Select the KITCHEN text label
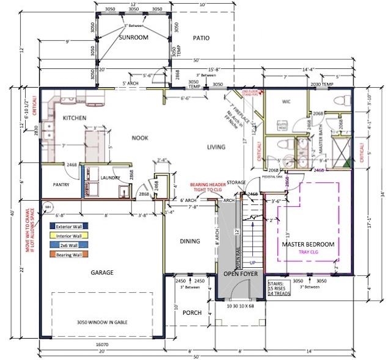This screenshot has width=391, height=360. coord(74,118)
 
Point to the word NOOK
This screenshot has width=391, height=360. coord(141,138)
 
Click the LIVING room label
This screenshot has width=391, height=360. coord(216,146)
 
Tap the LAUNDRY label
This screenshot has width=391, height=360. coord(110,178)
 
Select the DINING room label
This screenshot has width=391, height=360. coord(190,241)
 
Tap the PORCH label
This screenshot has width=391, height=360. coord(192,313)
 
